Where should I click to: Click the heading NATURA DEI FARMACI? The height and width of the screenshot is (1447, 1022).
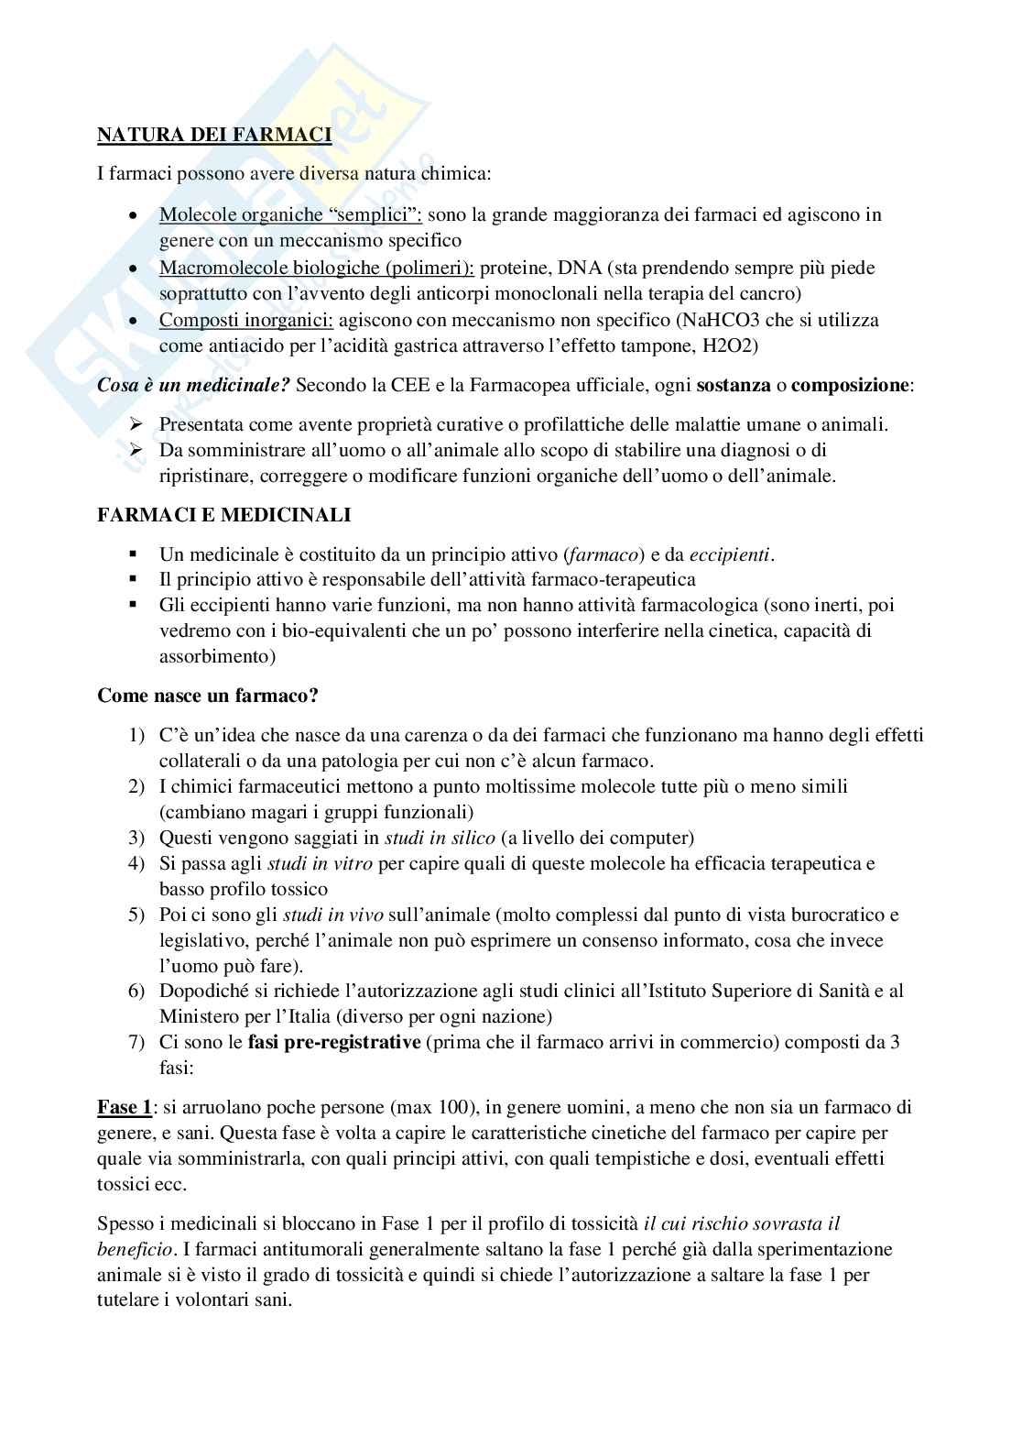[x=214, y=136]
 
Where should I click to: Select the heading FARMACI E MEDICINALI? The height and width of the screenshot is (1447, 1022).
[x=224, y=515]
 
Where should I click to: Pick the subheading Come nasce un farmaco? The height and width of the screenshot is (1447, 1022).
[x=208, y=696]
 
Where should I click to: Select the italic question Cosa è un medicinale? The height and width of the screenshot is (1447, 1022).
[x=193, y=385]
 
